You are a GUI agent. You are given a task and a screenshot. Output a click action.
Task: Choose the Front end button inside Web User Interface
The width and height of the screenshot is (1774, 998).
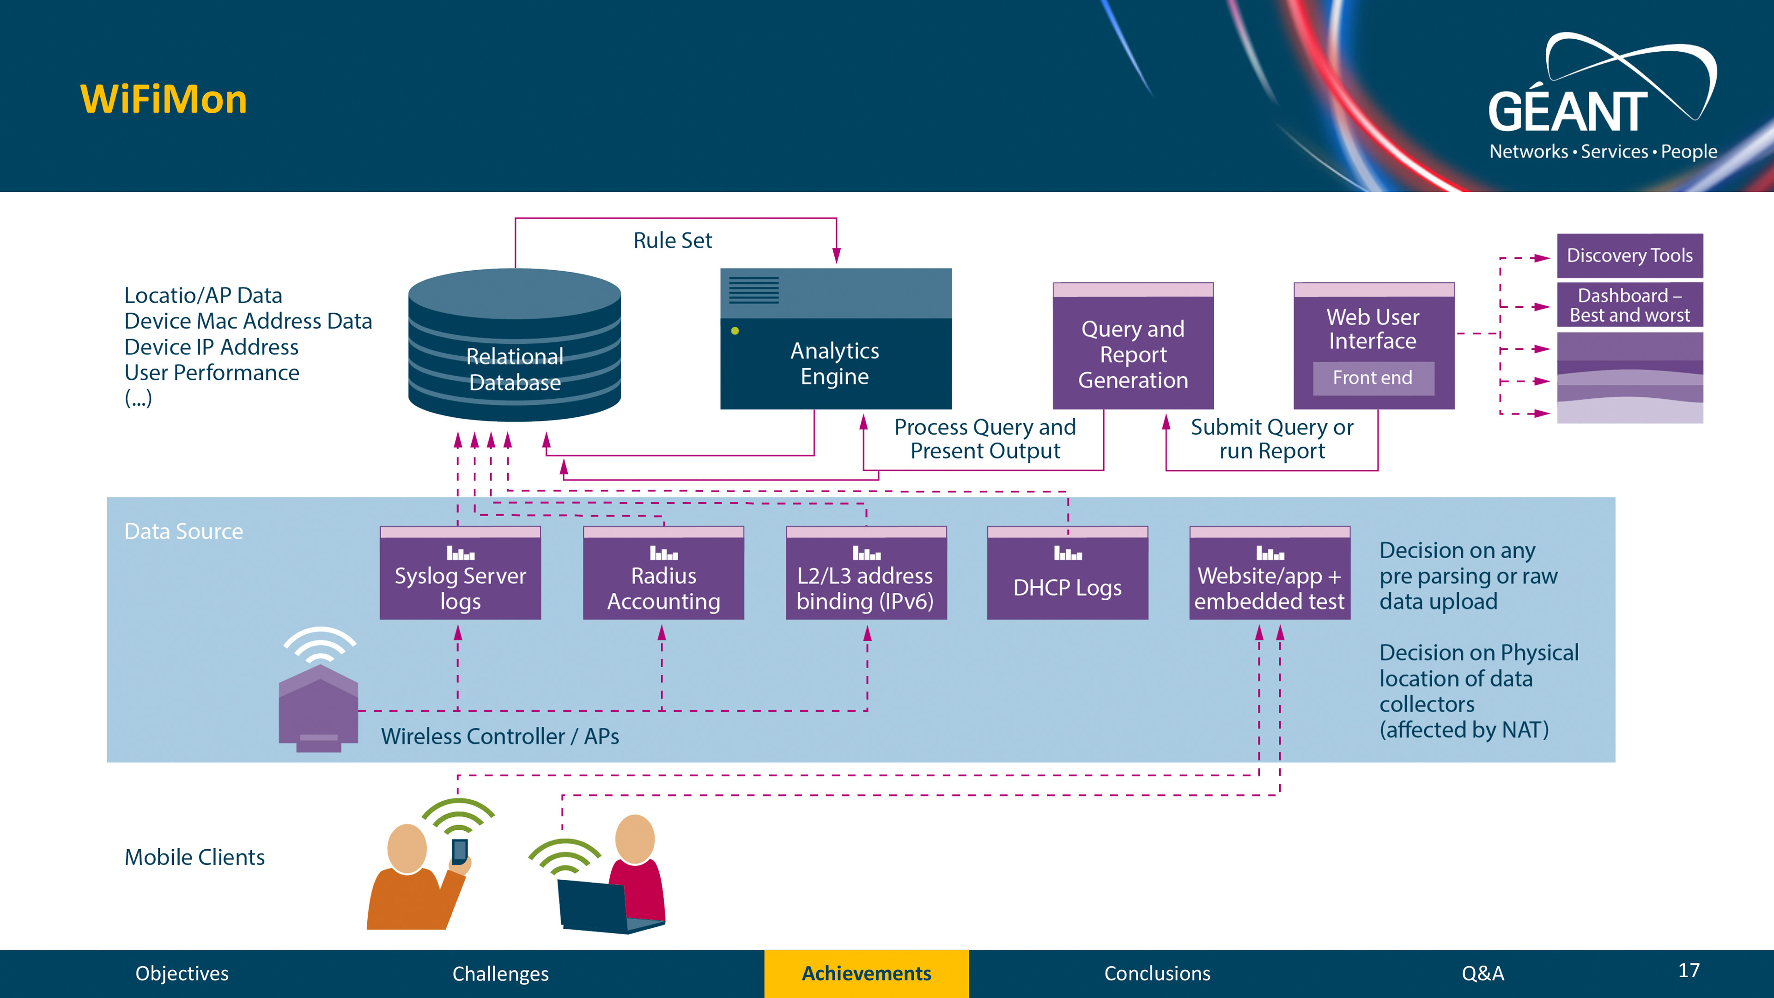[1373, 378]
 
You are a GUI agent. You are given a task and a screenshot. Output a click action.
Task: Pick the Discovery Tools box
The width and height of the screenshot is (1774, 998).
[1629, 256]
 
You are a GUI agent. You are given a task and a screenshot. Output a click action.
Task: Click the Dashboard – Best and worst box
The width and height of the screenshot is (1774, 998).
[1629, 305]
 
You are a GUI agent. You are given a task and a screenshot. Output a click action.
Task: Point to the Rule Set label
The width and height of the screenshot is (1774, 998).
[672, 240]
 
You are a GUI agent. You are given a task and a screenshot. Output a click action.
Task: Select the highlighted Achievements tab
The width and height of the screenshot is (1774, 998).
[866, 973]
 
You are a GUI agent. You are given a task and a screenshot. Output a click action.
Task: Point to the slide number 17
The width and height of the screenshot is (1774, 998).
[1689, 971]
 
